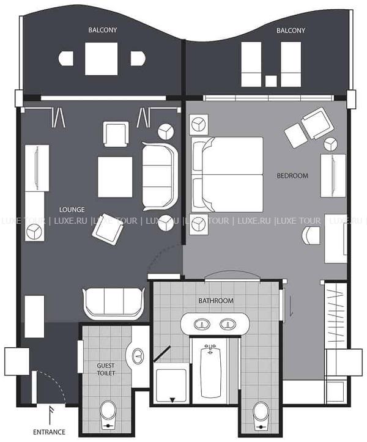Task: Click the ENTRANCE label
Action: point(49,432)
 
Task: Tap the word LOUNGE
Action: point(72,210)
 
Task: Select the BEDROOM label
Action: point(292,175)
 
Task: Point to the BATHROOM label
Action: point(216,301)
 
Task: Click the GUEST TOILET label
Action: point(106,369)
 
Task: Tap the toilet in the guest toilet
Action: point(108,415)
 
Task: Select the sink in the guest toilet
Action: point(138,356)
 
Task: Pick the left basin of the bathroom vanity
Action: point(202,324)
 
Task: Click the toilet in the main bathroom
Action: point(261,416)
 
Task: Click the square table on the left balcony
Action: point(102,59)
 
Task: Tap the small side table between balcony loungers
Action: point(271,81)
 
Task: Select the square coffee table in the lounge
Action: point(115,177)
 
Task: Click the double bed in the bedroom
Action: point(227,175)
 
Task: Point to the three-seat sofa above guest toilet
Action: point(114,304)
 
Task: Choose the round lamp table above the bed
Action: point(199,124)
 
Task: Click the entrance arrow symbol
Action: point(50,416)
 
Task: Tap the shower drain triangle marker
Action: point(172,399)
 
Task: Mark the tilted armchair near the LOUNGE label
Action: point(108,229)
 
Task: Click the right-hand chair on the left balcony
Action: point(138,59)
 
